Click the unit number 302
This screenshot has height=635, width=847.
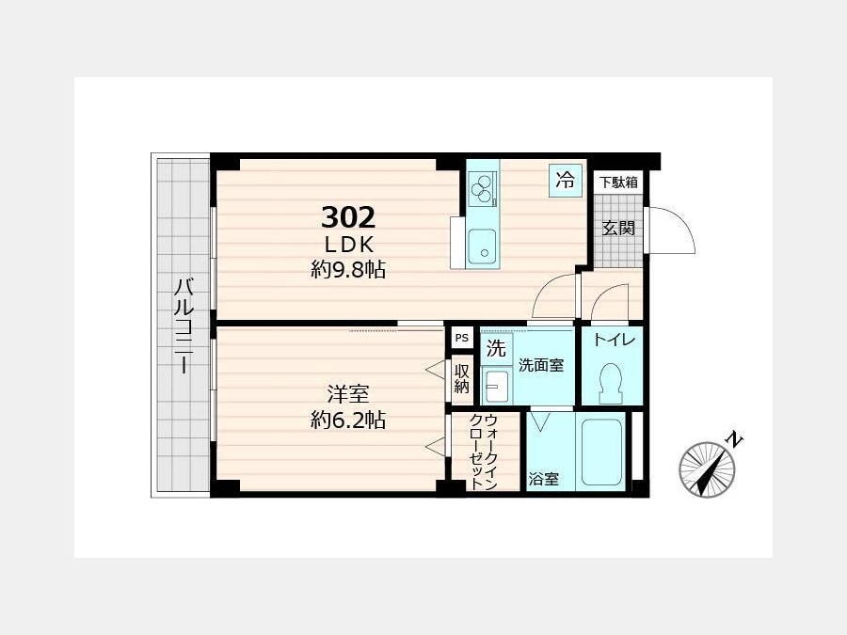(348, 217)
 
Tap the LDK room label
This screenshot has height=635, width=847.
(349, 246)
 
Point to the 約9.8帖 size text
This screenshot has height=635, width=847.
(348, 269)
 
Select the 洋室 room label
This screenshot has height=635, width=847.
(348, 394)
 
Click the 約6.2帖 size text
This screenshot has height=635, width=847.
(348, 420)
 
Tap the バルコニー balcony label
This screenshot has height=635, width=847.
(184, 325)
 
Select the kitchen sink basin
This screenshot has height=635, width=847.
(482, 246)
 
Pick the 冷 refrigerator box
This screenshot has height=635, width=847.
(566, 180)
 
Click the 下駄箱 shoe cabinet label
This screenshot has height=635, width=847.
(618, 183)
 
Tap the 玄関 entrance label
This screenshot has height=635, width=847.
(618, 229)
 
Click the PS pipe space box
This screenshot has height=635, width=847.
(462, 338)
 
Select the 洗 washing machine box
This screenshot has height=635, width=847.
(496, 349)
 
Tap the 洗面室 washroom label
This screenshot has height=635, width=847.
(541, 366)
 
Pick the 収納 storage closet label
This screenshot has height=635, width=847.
(462, 378)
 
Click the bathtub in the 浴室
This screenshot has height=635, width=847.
(601, 452)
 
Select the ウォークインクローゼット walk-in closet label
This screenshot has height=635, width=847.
(483, 452)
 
